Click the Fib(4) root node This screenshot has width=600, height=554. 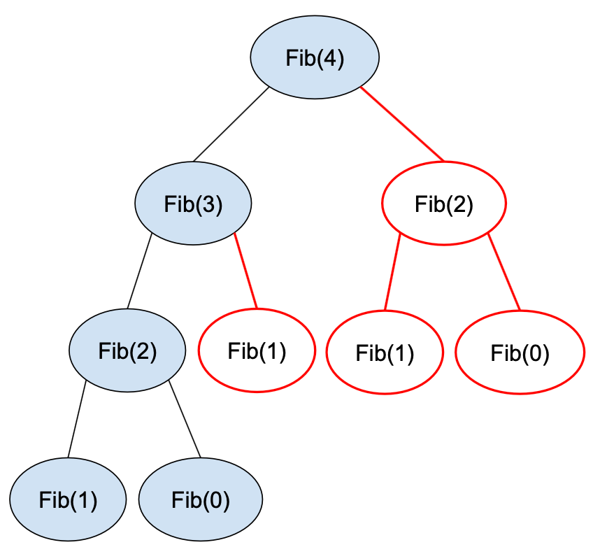(315, 58)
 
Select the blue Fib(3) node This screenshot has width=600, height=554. (193, 204)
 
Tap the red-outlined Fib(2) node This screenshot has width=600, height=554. (443, 204)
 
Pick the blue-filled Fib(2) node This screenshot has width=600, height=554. (127, 350)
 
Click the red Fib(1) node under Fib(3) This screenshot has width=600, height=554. (257, 350)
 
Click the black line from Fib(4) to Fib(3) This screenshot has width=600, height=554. (231, 125)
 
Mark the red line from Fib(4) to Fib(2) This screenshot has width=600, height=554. (402, 125)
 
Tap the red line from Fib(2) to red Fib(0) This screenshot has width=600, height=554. (504, 273)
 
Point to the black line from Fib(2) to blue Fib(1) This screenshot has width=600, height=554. (77, 418)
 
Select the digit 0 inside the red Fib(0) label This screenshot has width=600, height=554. (535, 353)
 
